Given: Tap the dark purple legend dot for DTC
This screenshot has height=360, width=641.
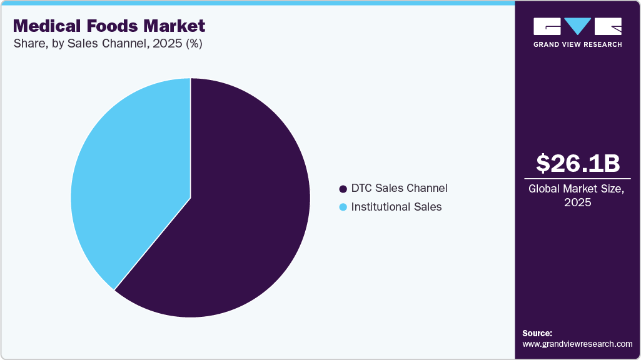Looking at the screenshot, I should (342, 189).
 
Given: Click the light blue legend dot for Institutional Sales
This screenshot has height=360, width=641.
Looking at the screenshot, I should (342, 207).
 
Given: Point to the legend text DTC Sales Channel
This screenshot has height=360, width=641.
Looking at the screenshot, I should (399, 188).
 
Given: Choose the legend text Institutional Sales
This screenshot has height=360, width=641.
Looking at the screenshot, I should (396, 207).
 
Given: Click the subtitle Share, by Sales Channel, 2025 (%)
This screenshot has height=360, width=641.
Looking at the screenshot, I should (108, 44).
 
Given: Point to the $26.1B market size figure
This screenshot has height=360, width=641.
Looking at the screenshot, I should (578, 163).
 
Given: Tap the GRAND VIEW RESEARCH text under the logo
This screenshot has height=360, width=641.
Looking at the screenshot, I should (577, 44).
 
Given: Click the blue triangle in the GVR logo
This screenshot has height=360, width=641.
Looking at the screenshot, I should (578, 26).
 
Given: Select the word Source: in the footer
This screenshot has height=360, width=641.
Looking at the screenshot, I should (537, 333).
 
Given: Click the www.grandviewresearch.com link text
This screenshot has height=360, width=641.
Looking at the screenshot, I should (577, 344).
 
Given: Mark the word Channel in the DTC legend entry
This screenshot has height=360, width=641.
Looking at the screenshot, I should (427, 188).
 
